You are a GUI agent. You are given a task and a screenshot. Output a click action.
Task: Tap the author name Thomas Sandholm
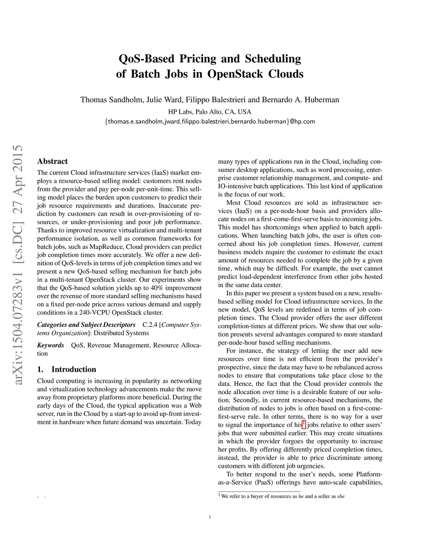click(x=111, y=100)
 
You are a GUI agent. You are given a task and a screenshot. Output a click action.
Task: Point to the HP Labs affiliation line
click(x=210, y=111)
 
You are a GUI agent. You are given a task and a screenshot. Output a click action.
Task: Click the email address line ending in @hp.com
click(x=210, y=121)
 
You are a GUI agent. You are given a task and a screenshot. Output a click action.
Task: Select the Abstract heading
click(x=52, y=161)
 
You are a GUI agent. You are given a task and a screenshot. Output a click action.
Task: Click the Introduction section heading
click(x=74, y=369)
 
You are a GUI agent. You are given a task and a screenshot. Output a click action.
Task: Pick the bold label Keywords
click(x=51, y=345)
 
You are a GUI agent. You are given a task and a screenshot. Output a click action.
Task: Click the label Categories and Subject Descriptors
click(x=86, y=325)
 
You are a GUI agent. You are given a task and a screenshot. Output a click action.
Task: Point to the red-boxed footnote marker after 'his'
click(x=304, y=424)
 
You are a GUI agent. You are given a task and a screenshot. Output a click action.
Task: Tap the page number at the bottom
click(x=210, y=517)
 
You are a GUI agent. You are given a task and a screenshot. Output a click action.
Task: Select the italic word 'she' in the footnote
click(x=341, y=496)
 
